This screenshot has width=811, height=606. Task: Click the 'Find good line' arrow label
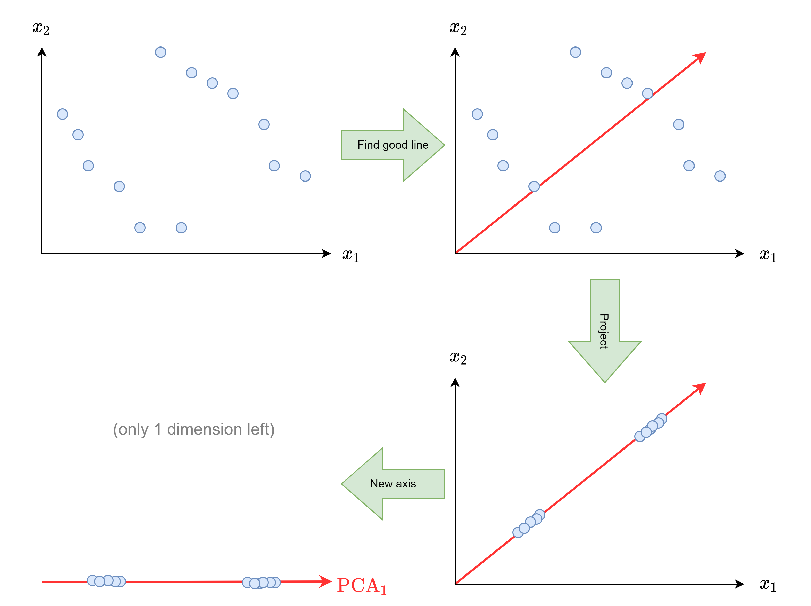pos(393,145)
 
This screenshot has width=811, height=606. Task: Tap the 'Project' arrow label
pos(604,331)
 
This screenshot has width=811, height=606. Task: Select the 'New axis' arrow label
pos(393,484)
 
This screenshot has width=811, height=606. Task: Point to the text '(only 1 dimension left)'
pos(194,429)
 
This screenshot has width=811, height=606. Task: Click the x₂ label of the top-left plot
pos(41,28)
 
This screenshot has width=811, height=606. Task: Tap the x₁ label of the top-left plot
pos(350,255)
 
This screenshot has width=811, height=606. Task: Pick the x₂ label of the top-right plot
pos(458,28)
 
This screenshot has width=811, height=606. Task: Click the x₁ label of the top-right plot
pos(768,255)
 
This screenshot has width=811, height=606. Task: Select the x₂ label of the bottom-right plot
pos(458,358)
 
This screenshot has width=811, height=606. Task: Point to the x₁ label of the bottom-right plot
pos(768,585)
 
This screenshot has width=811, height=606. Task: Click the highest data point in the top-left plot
pos(161,52)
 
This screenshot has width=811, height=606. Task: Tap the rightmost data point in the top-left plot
pos(305,176)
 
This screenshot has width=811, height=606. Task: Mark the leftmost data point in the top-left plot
pos(62,114)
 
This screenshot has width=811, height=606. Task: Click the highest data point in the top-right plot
pos(575,52)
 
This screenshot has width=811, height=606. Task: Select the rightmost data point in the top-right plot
pos(720,176)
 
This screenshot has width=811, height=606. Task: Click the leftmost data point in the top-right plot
pos(477,114)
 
